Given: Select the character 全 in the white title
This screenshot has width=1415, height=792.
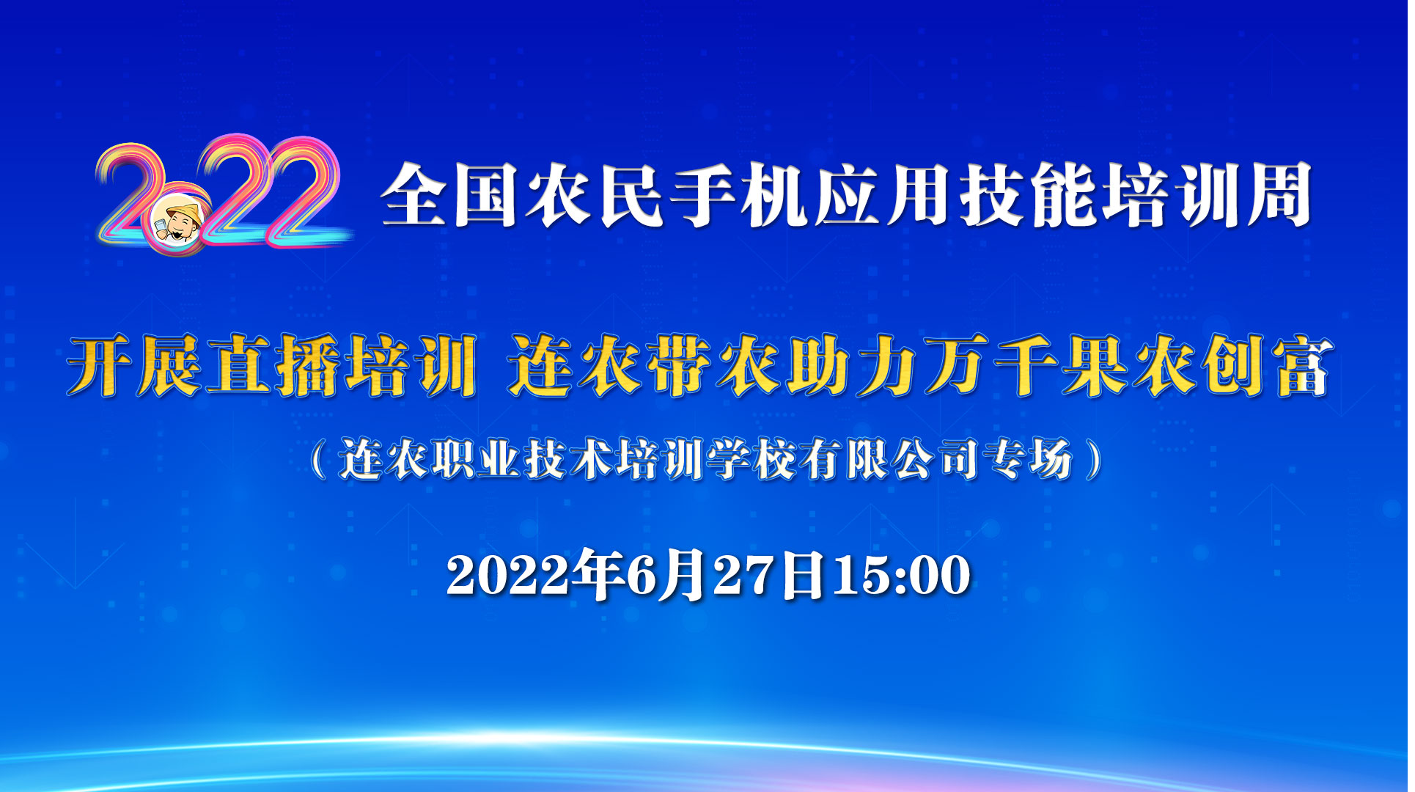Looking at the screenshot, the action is pos(412,196).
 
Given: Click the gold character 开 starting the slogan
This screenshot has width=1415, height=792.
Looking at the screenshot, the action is pos(100,366).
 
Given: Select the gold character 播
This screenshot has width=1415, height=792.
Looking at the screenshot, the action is pos(308,366).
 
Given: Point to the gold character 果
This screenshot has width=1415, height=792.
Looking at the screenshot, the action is pos(1095,366).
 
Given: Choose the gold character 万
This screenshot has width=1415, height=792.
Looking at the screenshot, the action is pos(957,366).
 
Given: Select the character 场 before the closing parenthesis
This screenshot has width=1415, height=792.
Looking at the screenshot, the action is pos(1051,460).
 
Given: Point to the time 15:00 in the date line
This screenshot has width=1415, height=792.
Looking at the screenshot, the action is pos(902,575).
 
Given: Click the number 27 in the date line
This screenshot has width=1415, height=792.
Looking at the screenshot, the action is pos(745,575).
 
